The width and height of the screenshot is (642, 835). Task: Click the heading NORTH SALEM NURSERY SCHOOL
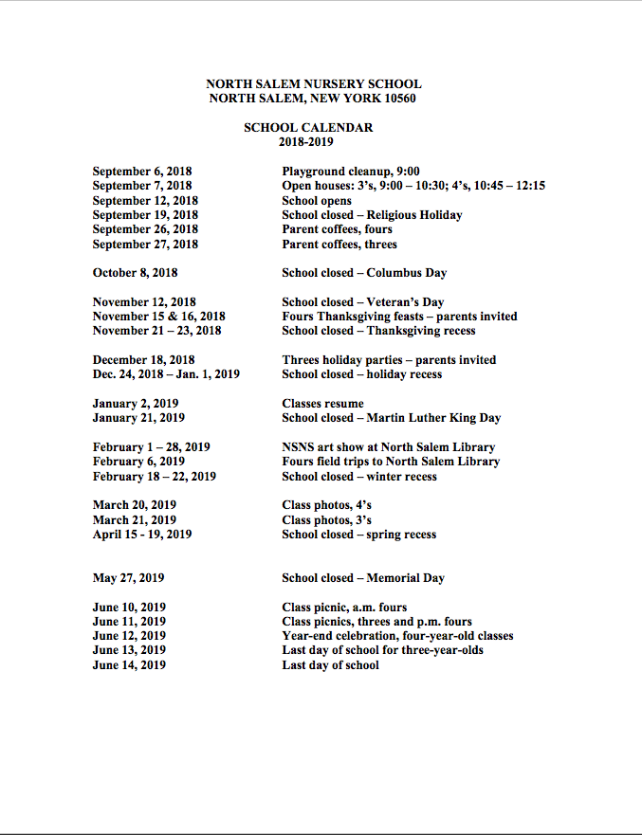pos(313,84)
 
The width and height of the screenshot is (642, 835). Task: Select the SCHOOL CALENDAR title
pos(307,128)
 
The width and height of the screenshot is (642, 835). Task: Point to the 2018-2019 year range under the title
pos(305,142)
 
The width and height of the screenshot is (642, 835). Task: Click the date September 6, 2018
pos(141,172)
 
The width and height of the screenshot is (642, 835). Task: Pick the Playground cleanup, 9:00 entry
pos(351,172)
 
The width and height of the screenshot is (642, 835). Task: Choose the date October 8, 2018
pos(135,273)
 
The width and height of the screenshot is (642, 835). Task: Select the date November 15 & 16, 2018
pos(158,317)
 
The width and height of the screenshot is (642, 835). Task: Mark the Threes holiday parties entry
pos(389,360)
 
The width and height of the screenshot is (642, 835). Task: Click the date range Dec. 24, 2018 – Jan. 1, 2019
pos(166,374)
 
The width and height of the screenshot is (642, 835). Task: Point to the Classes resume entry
pos(322,404)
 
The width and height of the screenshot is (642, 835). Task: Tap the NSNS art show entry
pos(388,447)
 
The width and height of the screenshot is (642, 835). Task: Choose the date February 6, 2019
pos(138,462)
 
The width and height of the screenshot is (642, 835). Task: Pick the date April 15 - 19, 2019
pos(141,535)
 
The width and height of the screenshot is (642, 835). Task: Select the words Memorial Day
pos(405,578)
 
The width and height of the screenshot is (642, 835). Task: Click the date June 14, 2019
pos(129,665)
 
